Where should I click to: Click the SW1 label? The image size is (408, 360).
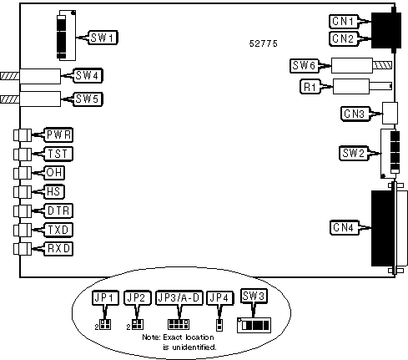pyautogui.click(x=103, y=38)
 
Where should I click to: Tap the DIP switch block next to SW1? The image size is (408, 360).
pyautogui.click(x=66, y=35)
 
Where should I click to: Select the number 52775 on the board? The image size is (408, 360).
pyautogui.click(x=264, y=43)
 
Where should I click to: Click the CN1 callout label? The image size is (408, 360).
pyautogui.click(x=344, y=22)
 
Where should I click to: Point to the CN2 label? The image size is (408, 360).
pyautogui.click(x=344, y=38)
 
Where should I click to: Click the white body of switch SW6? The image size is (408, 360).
pyautogui.click(x=352, y=66)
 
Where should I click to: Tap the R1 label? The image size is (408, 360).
pyautogui.click(x=310, y=87)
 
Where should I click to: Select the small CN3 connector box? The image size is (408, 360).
pyautogui.click(x=390, y=113)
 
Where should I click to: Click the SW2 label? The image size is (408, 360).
pyautogui.click(x=354, y=153)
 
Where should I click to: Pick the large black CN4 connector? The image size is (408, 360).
pyautogui.click(x=383, y=228)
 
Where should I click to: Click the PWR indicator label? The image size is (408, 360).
pyautogui.click(x=58, y=135)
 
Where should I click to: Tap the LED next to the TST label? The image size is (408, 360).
pyautogui.click(x=23, y=154)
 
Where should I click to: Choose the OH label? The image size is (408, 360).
pyautogui.click(x=54, y=173)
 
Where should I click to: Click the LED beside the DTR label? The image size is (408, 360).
pyautogui.click(x=23, y=211)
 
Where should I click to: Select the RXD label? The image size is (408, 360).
pyautogui.click(x=58, y=249)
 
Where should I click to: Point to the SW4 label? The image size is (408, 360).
pyautogui.click(x=88, y=75)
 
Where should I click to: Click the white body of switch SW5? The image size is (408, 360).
pyautogui.click(x=40, y=99)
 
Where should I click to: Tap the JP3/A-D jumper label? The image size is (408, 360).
pyautogui.click(x=179, y=298)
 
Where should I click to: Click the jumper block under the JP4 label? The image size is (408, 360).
pyautogui.click(x=219, y=325)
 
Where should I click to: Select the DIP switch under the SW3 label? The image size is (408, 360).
pyautogui.click(x=254, y=325)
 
